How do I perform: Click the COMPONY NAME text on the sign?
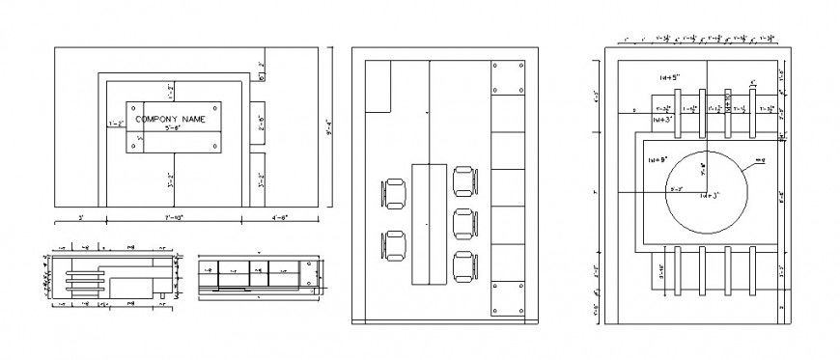click(171, 119)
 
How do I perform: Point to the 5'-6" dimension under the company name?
click(173, 127)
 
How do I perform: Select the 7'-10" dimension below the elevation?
click(174, 218)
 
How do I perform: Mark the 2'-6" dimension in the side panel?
click(259, 125)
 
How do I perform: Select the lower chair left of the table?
click(396, 245)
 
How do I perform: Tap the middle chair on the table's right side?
click(464, 222)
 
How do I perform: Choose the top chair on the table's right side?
click(464, 180)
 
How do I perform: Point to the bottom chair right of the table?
click(464, 265)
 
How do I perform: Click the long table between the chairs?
click(430, 224)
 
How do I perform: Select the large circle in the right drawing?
click(706, 191)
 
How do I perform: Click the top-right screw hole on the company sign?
click(213, 108)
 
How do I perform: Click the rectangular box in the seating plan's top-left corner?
click(378, 86)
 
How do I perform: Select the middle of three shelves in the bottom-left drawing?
click(84, 280)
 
